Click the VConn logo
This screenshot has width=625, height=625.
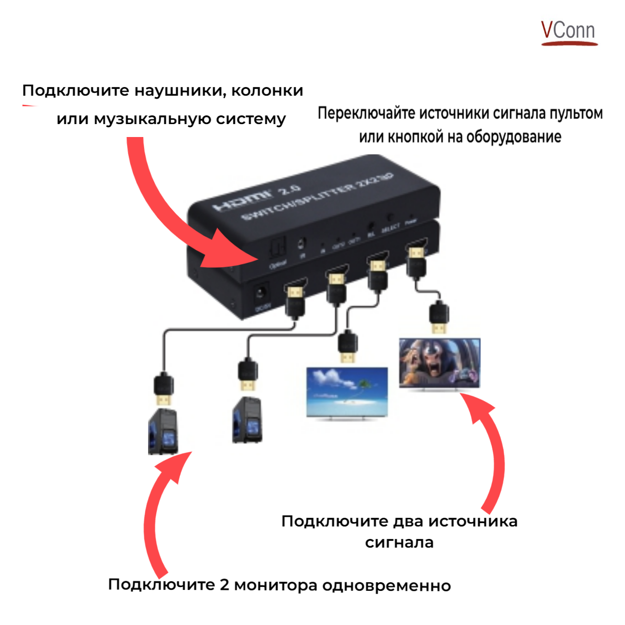pyautogui.click(x=569, y=32)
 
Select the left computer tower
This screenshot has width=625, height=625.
pyautogui.click(x=163, y=431)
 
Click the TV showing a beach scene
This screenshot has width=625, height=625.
pyautogui.click(x=347, y=393)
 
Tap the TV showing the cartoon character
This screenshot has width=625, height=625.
pyautogui.click(x=439, y=363)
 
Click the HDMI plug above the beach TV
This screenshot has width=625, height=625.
pyautogui.click(x=347, y=347)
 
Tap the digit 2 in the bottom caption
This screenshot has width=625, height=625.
pyautogui.click(x=225, y=585)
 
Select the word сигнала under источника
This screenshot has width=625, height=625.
pyautogui.click(x=399, y=543)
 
